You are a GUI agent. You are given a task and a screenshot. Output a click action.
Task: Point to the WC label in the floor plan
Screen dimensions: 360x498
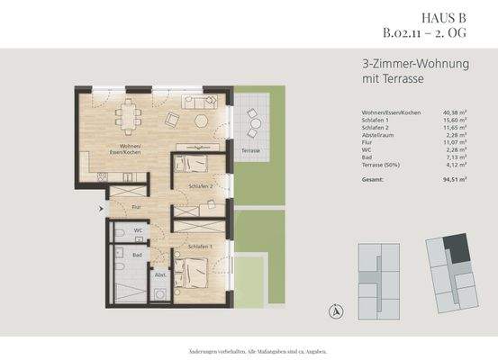pyautogui.click(x=139, y=230)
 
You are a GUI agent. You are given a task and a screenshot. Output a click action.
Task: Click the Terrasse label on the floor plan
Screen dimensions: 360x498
pyautogui.click(x=250, y=150)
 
